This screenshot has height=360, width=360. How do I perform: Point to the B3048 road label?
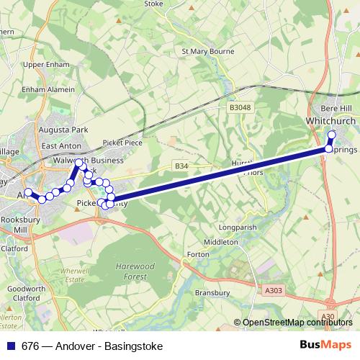click(x=240, y=107)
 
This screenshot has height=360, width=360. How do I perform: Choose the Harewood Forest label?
click(x=135, y=271)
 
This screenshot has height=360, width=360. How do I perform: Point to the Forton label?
click(x=197, y=254)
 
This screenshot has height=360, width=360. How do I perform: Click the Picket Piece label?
click(x=122, y=143)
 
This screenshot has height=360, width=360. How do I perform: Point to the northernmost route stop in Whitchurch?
click(x=332, y=135)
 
